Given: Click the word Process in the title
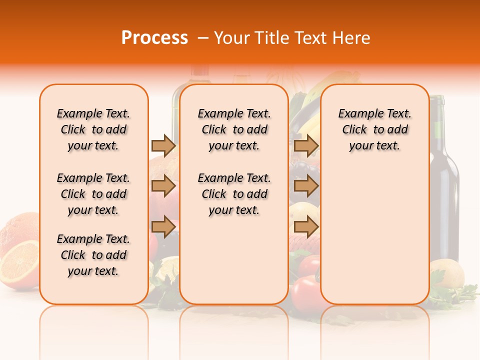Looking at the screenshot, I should (154, 38).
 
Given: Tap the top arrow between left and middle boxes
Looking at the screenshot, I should (163, 145).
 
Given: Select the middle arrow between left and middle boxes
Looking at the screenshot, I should (163, 186).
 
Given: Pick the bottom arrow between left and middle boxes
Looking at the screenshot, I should (163, 226).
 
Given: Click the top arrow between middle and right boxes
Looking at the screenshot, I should (306, 145).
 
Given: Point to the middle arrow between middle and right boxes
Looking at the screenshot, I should (306, 186).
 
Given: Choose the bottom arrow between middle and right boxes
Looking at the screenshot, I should (306, 226).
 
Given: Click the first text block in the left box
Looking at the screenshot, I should (93, 129).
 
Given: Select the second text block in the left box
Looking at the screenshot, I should (93, 194).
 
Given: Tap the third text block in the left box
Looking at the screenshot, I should (93, 255).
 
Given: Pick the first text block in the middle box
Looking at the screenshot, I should (234, 129).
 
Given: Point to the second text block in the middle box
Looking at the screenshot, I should (234, 194).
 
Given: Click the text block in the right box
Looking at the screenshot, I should (374, 129).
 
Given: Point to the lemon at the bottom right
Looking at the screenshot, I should (446, 272).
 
